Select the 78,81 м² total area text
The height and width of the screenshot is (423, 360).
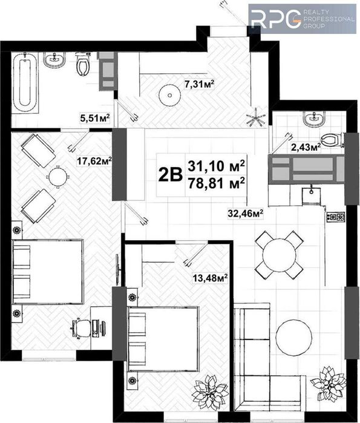217,182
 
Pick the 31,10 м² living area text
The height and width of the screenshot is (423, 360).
217,165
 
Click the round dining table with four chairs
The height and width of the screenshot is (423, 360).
279,254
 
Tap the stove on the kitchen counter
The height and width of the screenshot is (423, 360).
336,215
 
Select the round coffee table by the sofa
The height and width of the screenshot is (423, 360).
295,338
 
